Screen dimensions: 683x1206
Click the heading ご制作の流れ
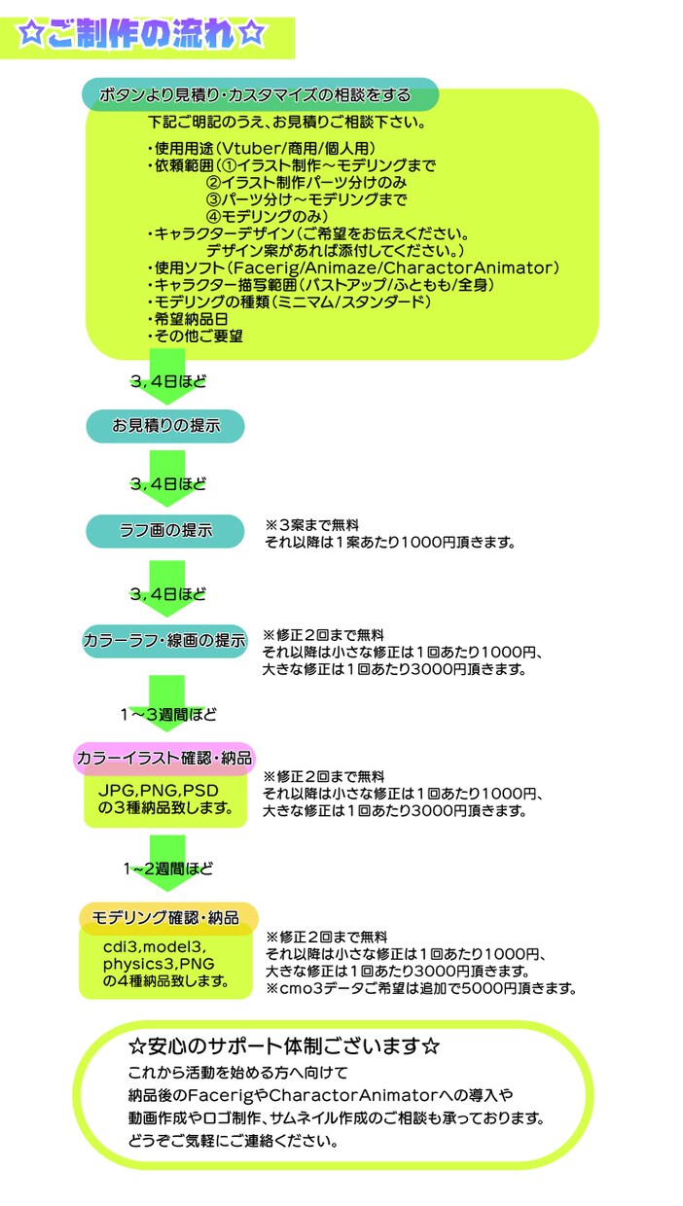[141, 35]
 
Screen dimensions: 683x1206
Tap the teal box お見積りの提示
[165, 426]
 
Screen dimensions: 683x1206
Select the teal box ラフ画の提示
[165, 531]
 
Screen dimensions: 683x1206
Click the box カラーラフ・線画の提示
[164, 641]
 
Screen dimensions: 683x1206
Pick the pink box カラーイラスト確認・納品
[164, 758]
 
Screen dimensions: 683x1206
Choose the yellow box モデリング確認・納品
[168, 918]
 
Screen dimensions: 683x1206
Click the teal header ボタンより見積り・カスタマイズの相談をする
[260, 94]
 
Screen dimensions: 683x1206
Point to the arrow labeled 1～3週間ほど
[167, 704]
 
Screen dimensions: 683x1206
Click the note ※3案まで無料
[312, 525]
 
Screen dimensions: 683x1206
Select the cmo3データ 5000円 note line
[421, 988]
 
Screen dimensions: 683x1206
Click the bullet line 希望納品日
[188, 319]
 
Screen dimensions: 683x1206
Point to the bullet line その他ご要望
[196, 337]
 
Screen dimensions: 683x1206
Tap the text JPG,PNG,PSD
[159, 791]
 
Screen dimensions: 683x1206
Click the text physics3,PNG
[159, 964]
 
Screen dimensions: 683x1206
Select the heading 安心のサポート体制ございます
[284, 1046]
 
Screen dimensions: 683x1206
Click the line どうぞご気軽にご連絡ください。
[234, 1141]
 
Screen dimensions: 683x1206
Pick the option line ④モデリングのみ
[268, 217]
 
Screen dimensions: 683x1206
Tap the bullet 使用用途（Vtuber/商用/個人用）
[262, 148]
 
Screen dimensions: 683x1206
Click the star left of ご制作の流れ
[30, 34]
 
